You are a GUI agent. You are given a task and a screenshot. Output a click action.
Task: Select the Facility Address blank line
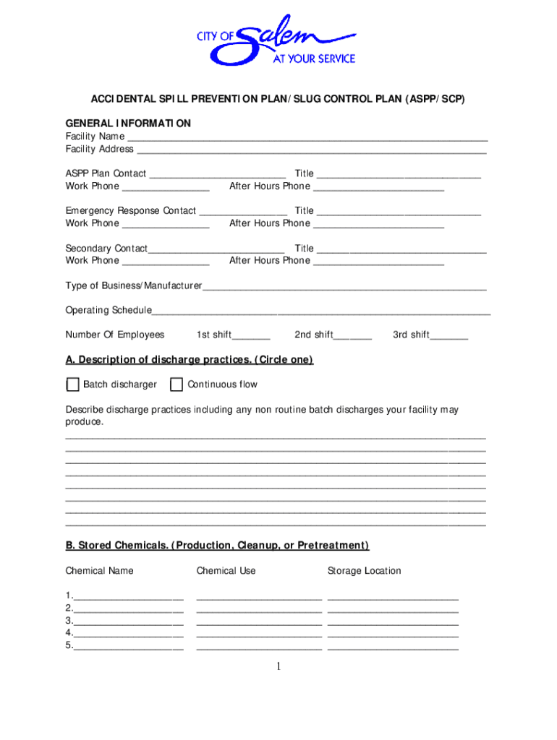311,150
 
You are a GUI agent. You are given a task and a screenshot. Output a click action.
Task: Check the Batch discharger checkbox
72,384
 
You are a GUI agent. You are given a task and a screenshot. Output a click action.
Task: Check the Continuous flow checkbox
177,384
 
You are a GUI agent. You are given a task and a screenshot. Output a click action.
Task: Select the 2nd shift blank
354,336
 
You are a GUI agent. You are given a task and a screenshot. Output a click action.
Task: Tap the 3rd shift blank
450,336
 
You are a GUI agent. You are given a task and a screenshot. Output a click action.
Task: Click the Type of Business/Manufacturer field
344,287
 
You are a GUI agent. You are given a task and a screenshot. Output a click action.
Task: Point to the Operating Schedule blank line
321,311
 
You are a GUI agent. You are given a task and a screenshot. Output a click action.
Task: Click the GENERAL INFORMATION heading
128,124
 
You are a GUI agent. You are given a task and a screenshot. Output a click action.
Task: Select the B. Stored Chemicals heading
217,546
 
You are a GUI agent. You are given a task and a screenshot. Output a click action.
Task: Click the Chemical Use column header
226,571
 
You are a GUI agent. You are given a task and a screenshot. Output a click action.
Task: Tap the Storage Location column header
364,571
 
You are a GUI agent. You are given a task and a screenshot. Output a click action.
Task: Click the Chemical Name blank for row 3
128,621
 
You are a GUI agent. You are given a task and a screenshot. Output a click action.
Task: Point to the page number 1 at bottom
278,666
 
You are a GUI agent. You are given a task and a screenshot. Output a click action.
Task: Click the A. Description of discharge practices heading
189,360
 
